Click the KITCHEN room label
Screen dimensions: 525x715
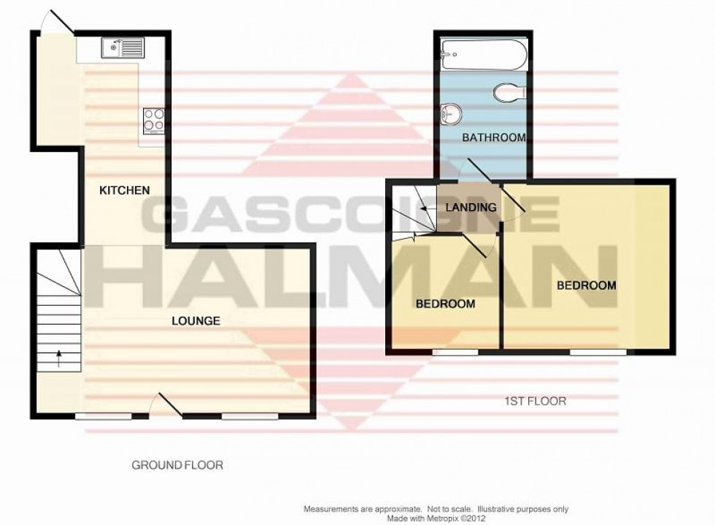tap(124, 190)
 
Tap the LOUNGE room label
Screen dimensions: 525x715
tap(196, 320)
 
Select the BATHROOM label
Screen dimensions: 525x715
tap(493, 137)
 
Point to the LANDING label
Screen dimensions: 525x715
tap(471, 207)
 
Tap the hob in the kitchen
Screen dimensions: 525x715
tap(154, 120)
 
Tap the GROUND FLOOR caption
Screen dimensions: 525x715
tap(177, 464)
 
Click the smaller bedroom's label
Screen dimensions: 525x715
tap(445, 303)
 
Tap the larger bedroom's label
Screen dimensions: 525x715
tap(587, 286)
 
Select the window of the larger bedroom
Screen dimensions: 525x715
tap(598, 352)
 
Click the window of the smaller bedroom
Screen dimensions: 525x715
tap(455, 352)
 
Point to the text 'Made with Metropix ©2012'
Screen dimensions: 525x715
tap(436, 518)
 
